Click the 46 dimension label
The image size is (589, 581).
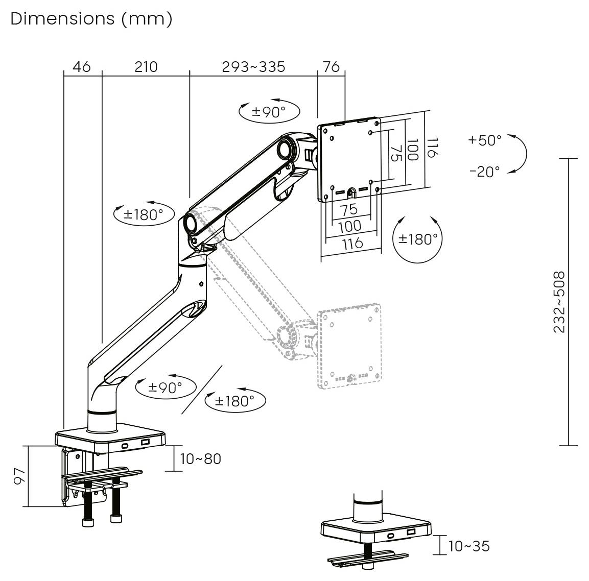pos(82,67)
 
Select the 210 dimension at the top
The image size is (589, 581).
pos(146,67)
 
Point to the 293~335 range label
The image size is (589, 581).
pos(253,67)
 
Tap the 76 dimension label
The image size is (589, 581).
pos(332,67)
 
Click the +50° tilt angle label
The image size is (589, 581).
pos(485,140)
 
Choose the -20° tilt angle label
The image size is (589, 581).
pos(485,171)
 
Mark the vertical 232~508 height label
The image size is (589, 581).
pos(560,302)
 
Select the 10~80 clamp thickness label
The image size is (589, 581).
pos(201,459)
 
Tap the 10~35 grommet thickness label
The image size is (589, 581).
pos(469,546)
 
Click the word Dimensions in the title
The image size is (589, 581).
pos(63,19)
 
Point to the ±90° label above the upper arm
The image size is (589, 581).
pos(269,111)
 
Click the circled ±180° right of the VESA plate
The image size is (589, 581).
pos(418,238)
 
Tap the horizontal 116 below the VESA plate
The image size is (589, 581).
pos(352,243)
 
